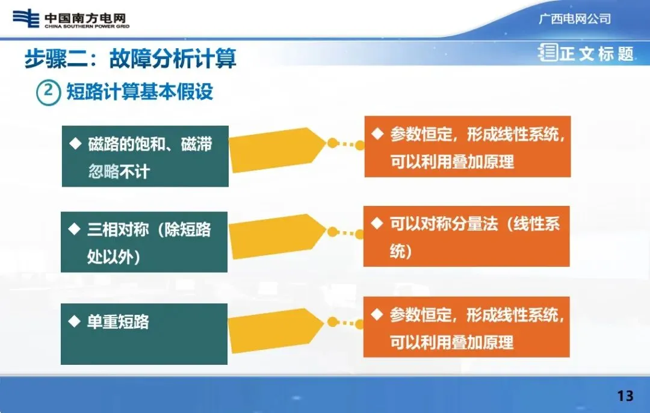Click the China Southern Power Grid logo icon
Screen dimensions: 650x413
(26, 19)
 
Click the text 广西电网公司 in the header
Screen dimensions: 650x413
(575, 19)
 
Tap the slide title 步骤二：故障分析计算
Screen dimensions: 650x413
(130, 58)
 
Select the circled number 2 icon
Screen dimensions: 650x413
(49, 93)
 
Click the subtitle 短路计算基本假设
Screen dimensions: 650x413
(140, 92)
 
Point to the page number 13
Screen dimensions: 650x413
(625, 396)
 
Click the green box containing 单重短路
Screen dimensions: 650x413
(144, 334)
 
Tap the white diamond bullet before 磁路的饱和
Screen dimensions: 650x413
(75, 143)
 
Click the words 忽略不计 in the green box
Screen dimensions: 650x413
(119, 171)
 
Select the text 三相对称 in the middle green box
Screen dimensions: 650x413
(118, 229)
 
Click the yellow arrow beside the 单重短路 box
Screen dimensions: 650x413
(276, 331)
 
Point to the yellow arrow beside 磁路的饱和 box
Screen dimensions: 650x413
(277, 150)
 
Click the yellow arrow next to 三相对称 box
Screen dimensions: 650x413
(277, 237)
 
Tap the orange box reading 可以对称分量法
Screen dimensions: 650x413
(466, 236)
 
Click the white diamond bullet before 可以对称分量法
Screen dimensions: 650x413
(377, 223)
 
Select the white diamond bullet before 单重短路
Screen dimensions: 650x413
(74, 321)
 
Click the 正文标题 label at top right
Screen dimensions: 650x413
(596, 54)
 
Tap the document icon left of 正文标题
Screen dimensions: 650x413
(548, 52)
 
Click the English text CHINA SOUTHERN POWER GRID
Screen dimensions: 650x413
(87, 26)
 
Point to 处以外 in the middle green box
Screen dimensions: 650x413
(113, 256)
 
